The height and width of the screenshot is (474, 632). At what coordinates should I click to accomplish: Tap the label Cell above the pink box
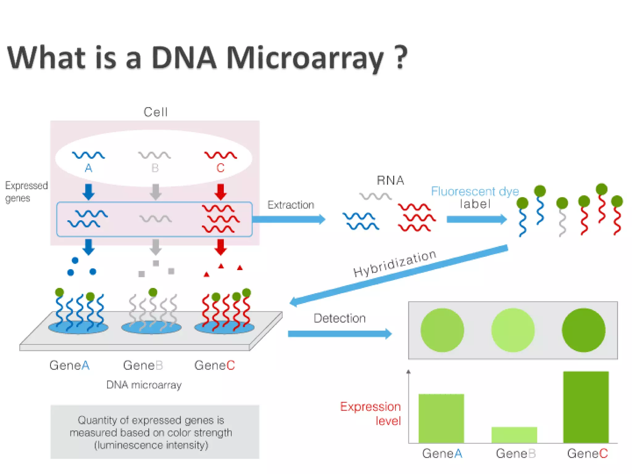pos(156,112)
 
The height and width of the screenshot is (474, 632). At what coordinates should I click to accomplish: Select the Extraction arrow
pos(289,219)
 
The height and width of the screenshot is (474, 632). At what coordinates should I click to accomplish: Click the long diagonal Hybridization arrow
pos(398,275)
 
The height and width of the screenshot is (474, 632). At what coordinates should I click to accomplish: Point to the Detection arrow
pos(339,334)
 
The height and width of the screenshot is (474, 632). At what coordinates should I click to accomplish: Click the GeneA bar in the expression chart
pos(441,418)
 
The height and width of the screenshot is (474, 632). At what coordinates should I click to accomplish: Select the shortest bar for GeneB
pos(514,435)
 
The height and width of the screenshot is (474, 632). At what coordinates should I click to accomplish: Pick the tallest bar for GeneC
pos(586,407)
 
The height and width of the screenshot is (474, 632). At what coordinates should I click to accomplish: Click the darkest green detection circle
pos(583,330)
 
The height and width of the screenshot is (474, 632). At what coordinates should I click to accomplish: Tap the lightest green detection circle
pos(513,330)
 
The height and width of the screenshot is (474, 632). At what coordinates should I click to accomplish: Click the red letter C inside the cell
pos(220,168)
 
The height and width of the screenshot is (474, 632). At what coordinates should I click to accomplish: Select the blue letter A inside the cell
pos(89,168)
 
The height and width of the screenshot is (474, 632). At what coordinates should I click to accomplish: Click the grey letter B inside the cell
pos(155,168)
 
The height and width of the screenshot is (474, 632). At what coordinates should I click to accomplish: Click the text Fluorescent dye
pos(475,191)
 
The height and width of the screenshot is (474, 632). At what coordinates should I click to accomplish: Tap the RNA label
pos(390,181)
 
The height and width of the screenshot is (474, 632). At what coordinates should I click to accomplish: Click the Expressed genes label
pos(26,192)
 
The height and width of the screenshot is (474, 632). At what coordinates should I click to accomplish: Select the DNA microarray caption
pos(144,385)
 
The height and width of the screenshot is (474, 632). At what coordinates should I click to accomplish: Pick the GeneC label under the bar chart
pos(587,454)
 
